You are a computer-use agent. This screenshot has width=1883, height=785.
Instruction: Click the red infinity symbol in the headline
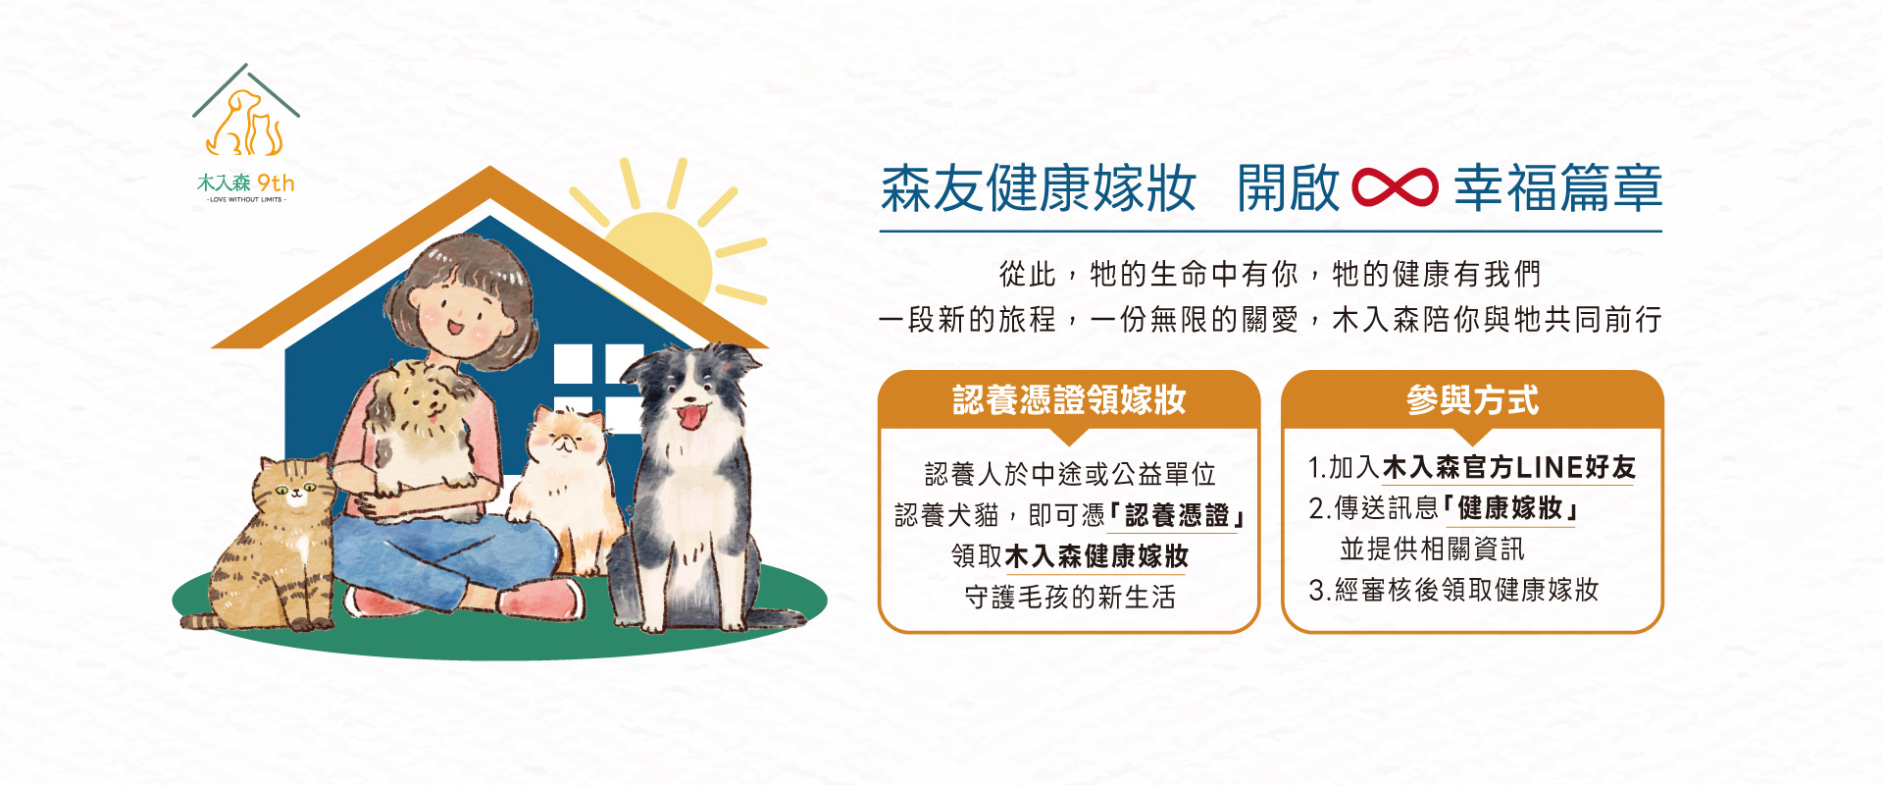[x=1395, y=187]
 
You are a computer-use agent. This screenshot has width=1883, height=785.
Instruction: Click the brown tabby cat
[x=270, y=545]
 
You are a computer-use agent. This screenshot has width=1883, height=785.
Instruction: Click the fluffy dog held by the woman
[x=427, y=432]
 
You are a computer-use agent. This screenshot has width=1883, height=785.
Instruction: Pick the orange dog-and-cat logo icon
[x=245, y=124]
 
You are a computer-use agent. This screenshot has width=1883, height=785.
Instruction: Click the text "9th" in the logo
[x=276, y=183]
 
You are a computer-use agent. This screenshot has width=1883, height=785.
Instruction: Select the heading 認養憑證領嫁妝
[x=1069, y=400]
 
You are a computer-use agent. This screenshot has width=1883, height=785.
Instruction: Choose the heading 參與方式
[x=1472, y=400]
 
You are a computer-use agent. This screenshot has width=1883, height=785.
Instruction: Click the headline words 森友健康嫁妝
[x=1039, y=188]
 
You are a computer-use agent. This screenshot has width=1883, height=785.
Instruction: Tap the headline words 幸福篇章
[x=1557, y=188]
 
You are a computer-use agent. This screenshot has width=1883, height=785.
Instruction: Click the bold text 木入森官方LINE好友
[x=1508, y=467]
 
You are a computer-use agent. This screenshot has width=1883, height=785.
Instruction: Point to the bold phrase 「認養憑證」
[x=1177, y=515]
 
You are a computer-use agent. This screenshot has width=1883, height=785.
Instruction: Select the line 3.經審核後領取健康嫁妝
[x=1453, y=590]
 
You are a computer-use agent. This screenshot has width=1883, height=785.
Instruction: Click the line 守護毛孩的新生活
[x=1070, y=597]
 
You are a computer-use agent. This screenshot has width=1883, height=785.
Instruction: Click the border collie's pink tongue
[x=691, y=418]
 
